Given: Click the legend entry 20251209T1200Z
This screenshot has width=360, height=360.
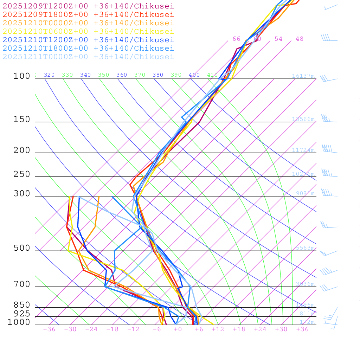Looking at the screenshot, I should (88, 6).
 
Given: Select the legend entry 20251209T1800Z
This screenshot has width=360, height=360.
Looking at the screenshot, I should (88, 14).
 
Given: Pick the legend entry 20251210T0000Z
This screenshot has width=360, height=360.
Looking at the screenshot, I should (88, 23).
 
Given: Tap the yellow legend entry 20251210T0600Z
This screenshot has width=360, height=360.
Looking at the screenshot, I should (88, 31).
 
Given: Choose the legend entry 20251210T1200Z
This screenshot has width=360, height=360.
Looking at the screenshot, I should (88, 40).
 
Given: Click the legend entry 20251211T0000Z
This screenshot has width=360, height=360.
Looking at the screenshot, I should (88, 57).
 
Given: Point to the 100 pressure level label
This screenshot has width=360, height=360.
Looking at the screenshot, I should (22, 76).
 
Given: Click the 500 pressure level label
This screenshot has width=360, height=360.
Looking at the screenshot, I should (22, 248).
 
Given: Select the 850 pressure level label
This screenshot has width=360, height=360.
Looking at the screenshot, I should (22, 305).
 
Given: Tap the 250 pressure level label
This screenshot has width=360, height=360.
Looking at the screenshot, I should (22, 174).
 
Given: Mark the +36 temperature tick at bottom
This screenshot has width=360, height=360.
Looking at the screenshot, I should (302, 329).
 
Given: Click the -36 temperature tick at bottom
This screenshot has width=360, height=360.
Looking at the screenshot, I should (49, 329).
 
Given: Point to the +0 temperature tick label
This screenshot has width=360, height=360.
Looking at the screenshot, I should (178, 329).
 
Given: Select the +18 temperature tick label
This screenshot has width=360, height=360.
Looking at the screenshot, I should (239, 329).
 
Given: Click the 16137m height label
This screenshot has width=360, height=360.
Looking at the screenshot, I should (303, 76).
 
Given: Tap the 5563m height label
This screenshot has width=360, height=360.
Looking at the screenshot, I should (305, 248).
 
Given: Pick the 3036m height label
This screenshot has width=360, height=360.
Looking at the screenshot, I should (305, 284).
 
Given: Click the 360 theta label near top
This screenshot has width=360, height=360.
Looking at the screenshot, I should (122, 75).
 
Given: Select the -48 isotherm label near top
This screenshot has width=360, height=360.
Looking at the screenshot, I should (297, 39).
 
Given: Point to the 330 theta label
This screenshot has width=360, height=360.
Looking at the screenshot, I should (67, 75).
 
